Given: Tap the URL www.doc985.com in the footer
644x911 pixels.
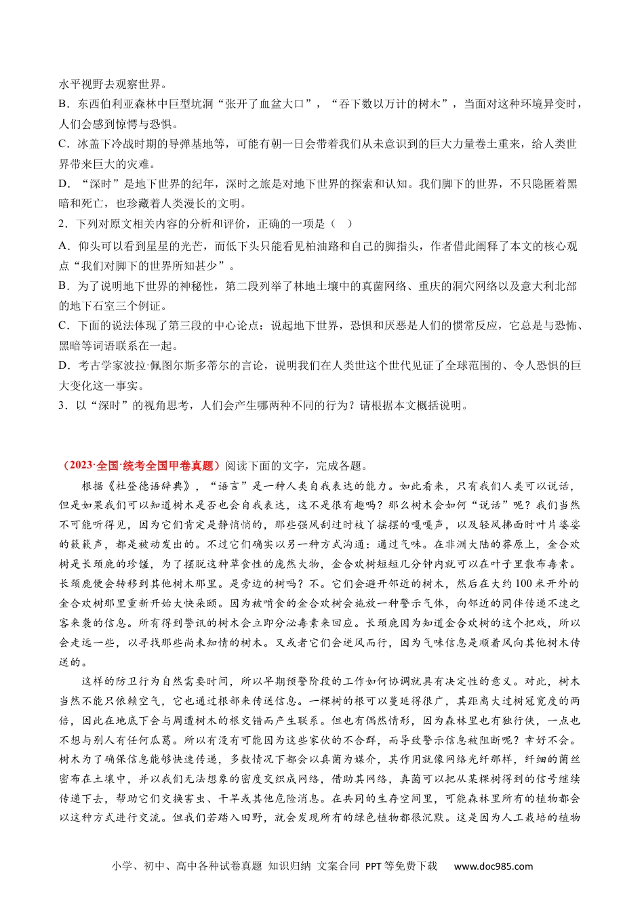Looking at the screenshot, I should point(493,866).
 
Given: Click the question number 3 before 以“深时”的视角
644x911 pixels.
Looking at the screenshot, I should point(62,405).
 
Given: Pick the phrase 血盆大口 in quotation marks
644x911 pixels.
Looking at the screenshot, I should point(282,104).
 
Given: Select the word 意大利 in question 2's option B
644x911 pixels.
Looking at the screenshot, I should point(533,286).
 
